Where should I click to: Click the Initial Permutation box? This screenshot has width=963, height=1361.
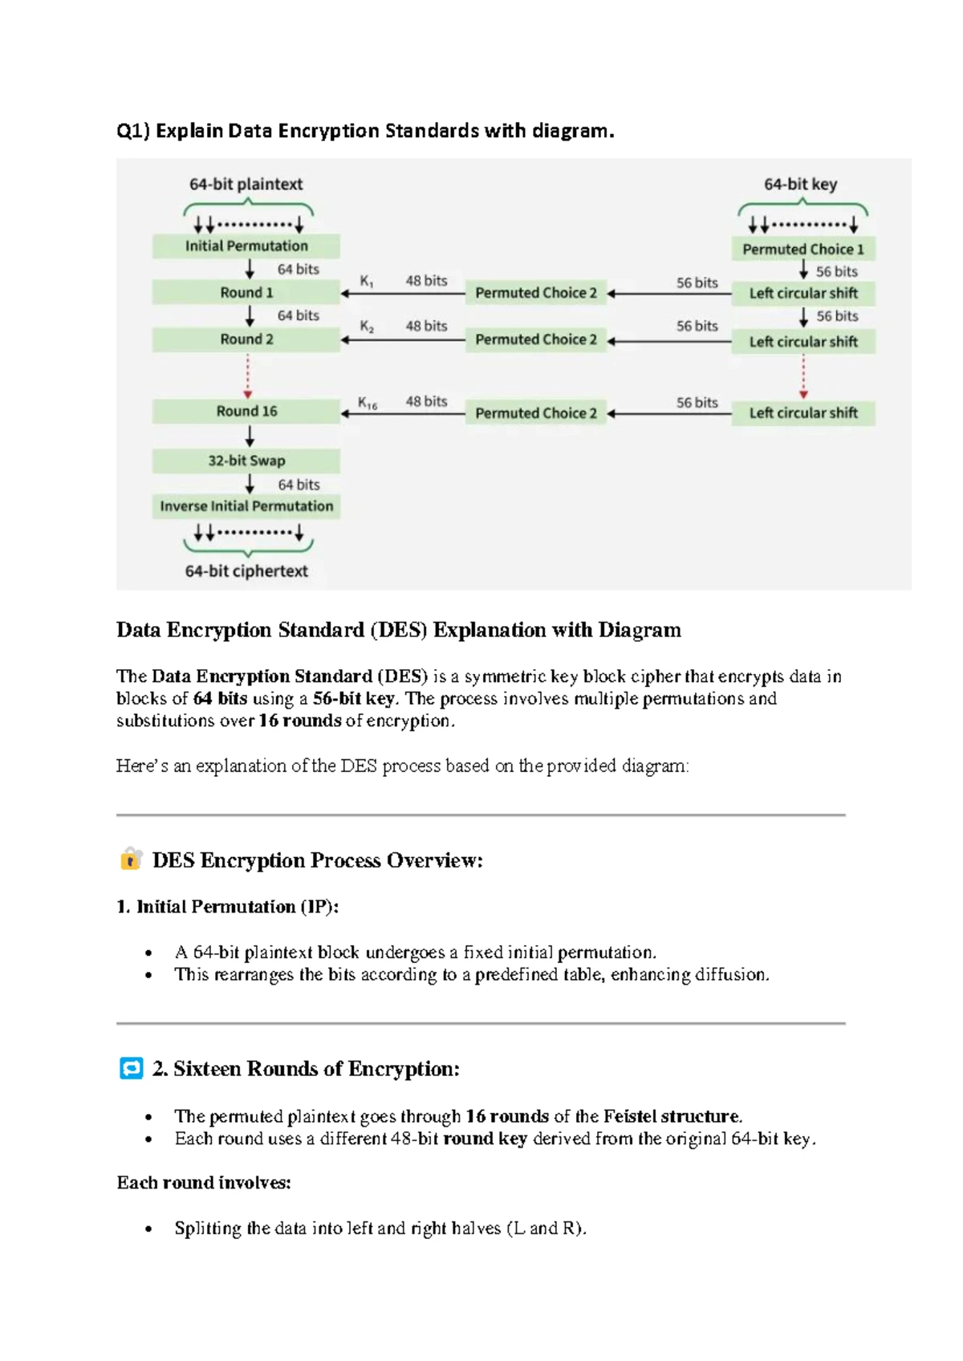coord(246,246)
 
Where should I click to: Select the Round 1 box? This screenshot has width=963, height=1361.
coord(246,292)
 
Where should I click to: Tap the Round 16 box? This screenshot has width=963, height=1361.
coord(246,411)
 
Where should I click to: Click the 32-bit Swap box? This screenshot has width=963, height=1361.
coord(246,461)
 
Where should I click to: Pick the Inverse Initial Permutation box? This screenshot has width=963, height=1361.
coord(246,506)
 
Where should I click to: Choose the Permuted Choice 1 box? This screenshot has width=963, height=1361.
coord(802,249)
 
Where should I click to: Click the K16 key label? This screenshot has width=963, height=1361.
coord(368,403)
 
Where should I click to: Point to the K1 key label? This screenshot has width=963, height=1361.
coord(366,282)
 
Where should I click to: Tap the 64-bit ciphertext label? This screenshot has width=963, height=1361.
coord(246,571)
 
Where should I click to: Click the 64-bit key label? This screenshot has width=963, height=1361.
coord(800,185)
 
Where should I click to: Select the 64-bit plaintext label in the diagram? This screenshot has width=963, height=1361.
coord(246,185)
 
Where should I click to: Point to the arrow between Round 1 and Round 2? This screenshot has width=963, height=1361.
coord(250,315)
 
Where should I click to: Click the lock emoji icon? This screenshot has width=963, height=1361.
coord(131,859)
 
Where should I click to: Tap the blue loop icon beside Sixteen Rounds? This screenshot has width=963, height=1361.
coord(131,1068)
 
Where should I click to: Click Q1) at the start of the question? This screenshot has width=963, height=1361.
coord(133,131)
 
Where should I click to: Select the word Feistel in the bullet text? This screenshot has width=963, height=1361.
coord(630,1116)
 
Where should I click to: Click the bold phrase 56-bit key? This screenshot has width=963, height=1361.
coord(353,698)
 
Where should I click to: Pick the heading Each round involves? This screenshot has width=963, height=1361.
coord(204,1183)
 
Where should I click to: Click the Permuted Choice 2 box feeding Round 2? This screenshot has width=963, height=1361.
coord(535,339)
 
